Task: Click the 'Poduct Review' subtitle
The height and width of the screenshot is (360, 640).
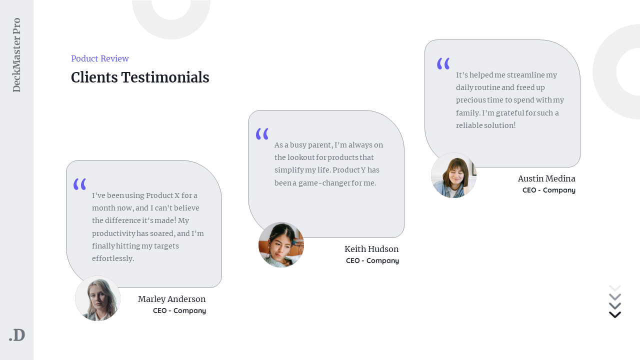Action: coord(100,58)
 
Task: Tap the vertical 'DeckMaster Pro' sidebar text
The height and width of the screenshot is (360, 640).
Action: coord(16,55)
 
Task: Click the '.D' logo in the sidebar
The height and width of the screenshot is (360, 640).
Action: coord(17,335)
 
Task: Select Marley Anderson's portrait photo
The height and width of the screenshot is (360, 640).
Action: coord(97,298)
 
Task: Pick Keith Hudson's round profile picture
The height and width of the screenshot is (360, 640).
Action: coord(281,244)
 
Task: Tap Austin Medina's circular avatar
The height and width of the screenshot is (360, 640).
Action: coord(453,175)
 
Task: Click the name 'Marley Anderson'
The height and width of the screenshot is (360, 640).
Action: coord(171,299)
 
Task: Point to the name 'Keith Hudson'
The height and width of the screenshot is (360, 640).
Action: coord(371,249)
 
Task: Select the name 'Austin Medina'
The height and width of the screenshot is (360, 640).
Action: coord(546,178)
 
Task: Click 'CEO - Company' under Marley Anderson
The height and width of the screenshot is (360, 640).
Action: coord(179,310)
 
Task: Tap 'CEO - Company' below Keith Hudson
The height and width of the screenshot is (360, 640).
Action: coord(372,260)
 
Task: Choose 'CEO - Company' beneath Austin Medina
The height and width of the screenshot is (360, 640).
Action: coord(549,190)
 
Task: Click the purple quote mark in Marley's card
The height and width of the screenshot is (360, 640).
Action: coord(79,184)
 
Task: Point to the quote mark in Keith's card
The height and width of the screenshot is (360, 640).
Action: coord(262,134)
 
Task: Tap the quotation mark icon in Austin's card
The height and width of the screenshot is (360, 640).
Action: coord(443,63)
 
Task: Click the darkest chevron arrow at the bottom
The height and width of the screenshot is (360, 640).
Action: coord(615,314)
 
